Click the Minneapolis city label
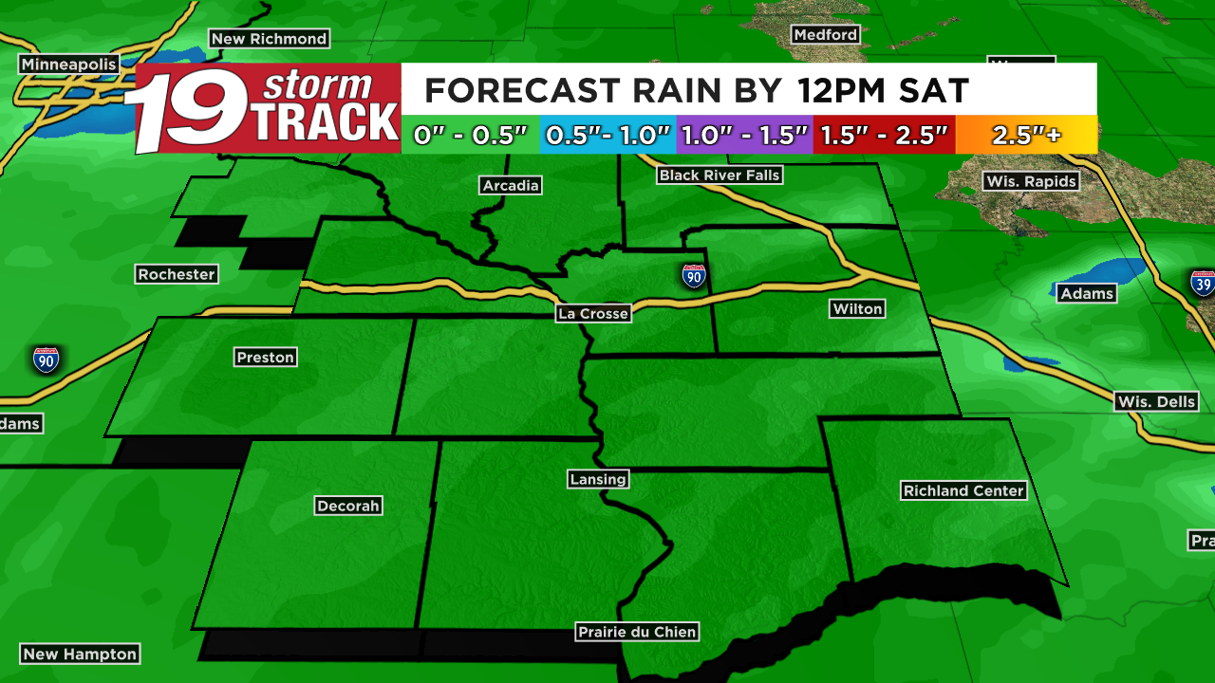point(69,65)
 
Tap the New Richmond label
point(269,39)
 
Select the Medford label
point(826,34)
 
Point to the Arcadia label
point(511,185)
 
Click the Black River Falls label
point(720,175)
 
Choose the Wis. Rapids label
point(1032,181)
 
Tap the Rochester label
point(177,274)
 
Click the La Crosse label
point(593,314)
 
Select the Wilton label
point(857,308)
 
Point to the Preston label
point(266,357)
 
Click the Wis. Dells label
point(1156,401)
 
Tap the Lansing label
point(598,479)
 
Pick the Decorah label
point(348,506)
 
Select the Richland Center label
point(963,490)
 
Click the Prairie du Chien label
point(638,632)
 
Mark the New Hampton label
point(80,654)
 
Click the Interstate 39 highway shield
point(1203,284)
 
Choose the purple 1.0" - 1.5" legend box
point(744,135)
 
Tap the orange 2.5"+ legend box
point(1026,135)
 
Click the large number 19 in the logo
point(190,109)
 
